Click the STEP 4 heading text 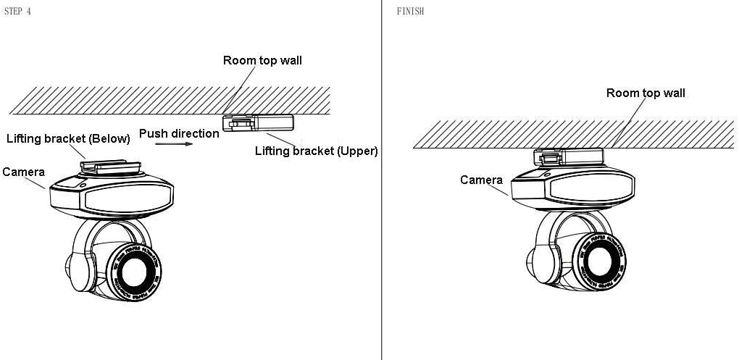(x=17, y=12)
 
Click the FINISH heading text (x=410, y=12)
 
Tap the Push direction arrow (x=174, y=144)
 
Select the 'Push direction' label (x=179, y=133)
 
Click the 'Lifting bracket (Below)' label (x=68, y=138)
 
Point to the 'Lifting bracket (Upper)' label (x=317, y=151)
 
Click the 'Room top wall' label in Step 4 (x=262, y=61)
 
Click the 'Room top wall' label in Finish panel (x=646, y=93)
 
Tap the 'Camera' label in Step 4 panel (x=24, y=172)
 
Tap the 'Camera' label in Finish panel (x=481, y=180)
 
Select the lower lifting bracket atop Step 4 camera (x=105, y=166)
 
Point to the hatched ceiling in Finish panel (x=572, y=134)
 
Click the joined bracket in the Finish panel (x=567, y=156)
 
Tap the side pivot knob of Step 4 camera (x=78, y=272)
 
